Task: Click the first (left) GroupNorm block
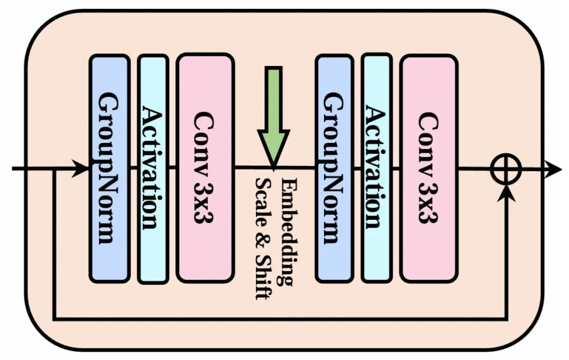[x=109, y=168]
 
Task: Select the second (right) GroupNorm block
[x=333, y=168]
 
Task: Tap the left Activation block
[x=153, y=168]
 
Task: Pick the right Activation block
[x=377, y=168]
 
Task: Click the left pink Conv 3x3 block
[x=205, y=168]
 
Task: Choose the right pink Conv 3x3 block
[x=428, y=168]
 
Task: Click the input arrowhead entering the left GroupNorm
[x=82, y=169]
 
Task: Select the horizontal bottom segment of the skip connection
[x=279, y=319]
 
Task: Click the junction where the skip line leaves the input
[x=54, y=169]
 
